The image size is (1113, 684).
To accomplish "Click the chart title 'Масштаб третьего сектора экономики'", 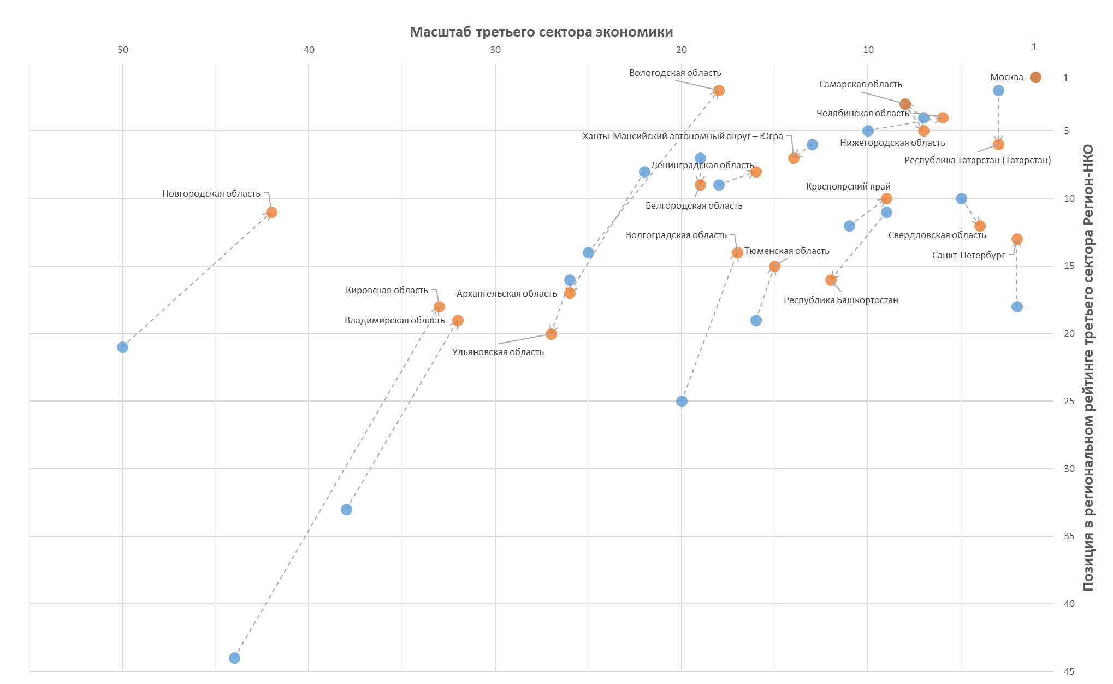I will pyautogui.click(x=541, y=32).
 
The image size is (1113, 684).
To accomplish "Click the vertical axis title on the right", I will pyautogui.click(x=1088, y=368).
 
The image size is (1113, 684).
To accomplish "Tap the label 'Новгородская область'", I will pyautogui.click(x=211, y=194).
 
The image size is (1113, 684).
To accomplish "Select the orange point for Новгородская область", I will pyautogui.click(x=271, y=212).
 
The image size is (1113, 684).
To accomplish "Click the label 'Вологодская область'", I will pyautogui.click(x=675, y=73).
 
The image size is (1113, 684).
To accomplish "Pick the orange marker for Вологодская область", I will pyautogui.click(x=719, y=91).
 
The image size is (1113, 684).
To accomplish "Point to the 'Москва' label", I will pyautogui.click(x=1006, y=78).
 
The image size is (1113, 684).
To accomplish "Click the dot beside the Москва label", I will pyautogui.click(x=1035, y=78).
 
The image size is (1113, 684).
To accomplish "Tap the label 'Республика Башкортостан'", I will pyautogui.click(x=840, y=300).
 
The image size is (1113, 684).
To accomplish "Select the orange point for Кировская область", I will pyautogui.click(x=439, y=307).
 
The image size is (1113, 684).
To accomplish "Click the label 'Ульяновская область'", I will pyautogui.click(x=498, y=352).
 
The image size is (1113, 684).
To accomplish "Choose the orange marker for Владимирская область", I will pyautogui.click(x=458, y=321).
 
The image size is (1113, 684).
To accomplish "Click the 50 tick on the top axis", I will pyautogui.click(x=123, y=50).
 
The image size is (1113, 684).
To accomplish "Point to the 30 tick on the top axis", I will pyautogui.click(x=495, y=50).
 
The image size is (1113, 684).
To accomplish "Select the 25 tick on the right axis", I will pyautogui.click(x=1069, y=402).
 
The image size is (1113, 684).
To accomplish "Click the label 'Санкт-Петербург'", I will pyautogui.click(x=968, y=256).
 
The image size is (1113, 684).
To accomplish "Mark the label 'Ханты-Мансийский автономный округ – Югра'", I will pyautogui.click(x=683, y=137).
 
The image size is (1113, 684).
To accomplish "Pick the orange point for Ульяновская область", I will pyautogui.click(x=551, y=334).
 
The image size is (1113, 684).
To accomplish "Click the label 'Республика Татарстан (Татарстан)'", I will pyautogui.click(x=978, y=161).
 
